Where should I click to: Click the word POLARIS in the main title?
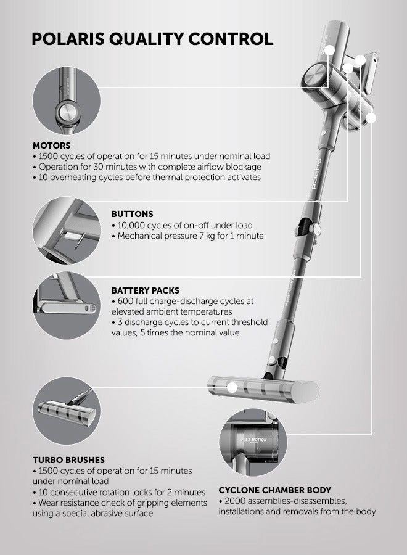(x=68, y=39)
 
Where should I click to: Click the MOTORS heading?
(x=51, y=146)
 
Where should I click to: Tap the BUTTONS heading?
(x=133, y=214)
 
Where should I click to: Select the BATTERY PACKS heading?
(x=146, y=290)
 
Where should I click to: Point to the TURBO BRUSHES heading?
(x=68, y=460)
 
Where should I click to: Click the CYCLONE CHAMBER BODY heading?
(x=274, y=490)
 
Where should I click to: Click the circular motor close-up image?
(x=67, y=101)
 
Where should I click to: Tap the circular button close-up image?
(x=67, y=231)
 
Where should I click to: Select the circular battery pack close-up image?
(x=67, y=306)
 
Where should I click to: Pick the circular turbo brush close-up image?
(x=67, y=411)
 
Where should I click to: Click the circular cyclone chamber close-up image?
(x=253, y=442)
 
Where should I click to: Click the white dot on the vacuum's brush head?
(x=232, y=388)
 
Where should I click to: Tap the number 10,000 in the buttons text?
(x=131, y=226)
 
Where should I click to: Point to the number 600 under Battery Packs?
(x=125, y=302)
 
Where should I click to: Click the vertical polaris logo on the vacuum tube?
(x=316, y=174)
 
